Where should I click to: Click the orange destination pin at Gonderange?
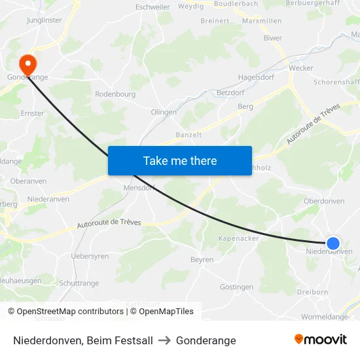[27, 64]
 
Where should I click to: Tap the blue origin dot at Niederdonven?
[333, 243]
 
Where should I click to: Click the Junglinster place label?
[45, 20]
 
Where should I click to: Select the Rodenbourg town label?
[115, 94]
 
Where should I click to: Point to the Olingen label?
[164, 112]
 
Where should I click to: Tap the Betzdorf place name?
[230, 93]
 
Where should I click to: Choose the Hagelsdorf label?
[255, 77]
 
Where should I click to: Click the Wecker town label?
[301, 68]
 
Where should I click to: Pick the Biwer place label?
[272, 38]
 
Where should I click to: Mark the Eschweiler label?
[153, 7]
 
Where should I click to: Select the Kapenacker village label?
[239, 238]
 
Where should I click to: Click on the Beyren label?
[202, 260]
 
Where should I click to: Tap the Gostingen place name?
[236, 287]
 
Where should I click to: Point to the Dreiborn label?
[317, 292]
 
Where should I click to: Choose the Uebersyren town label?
[90, 257]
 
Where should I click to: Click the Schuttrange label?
[79, 283]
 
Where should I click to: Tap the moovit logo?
[320, 340]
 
